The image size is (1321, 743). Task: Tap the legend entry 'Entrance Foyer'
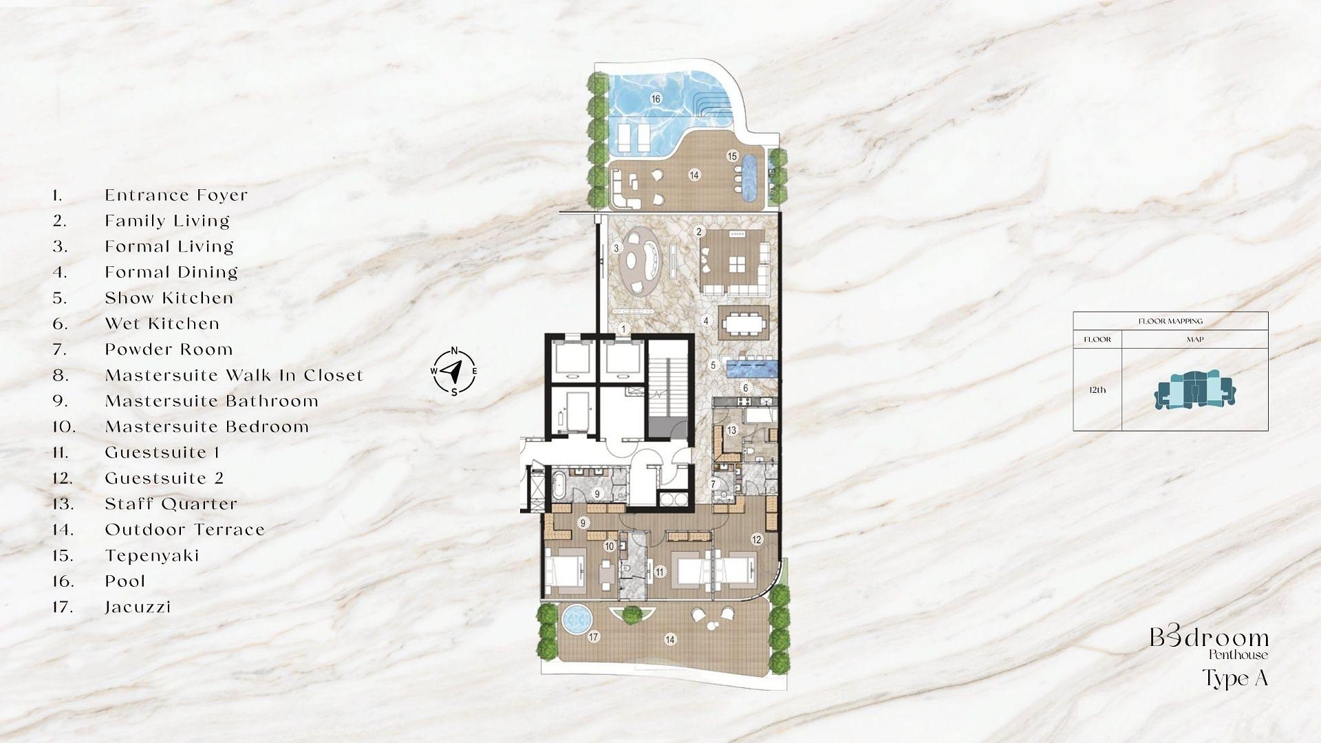click(176, 195)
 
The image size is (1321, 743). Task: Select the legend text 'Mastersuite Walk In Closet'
click(234, 376)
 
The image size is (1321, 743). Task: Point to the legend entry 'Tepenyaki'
click(152, 556)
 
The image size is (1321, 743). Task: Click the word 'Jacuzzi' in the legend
click(138, 607)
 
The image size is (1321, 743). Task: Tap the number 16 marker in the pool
click(656, 99)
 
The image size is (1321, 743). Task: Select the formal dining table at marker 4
click(743, 322)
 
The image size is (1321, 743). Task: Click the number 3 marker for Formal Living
click(616, 248)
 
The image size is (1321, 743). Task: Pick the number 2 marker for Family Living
click(699, 232)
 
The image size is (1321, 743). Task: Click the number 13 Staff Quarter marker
click(731, 431)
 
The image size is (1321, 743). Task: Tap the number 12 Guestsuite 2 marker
click(757, 539)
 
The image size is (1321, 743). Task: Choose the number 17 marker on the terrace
click(594, 637)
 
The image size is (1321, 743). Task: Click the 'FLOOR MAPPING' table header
click(1170, 321)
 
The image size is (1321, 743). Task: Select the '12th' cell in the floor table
click(1097, 390)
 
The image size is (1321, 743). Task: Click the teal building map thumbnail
click(1194, 390)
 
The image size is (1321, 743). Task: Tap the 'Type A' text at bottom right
click(1235, 679)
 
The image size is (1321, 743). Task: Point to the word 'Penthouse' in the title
click(1238, 655)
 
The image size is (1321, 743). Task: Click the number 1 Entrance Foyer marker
click(623, 330)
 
